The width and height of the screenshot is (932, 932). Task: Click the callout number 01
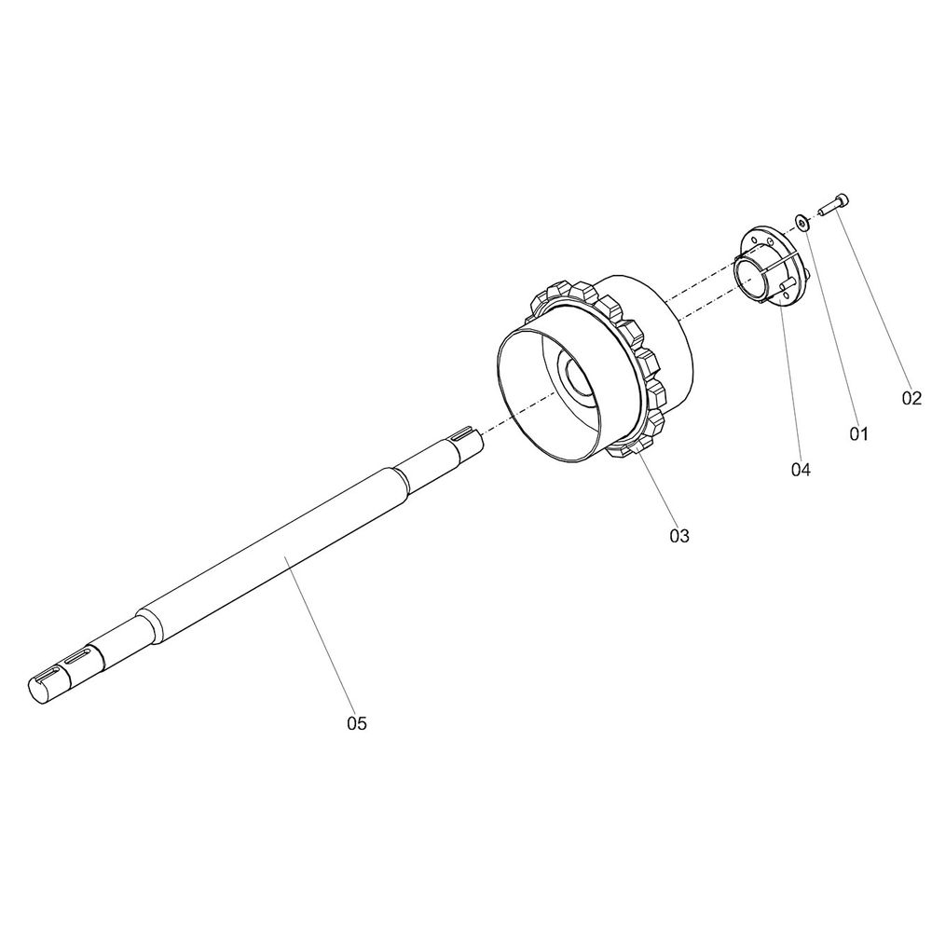click(x=858, y=434)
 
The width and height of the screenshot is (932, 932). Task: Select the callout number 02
click(x=911, y=398)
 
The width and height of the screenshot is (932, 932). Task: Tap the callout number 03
click(x=679, y=536)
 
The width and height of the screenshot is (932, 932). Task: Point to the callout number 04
click(x=801, y=470)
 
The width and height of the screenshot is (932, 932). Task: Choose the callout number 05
click(x=357, y=723)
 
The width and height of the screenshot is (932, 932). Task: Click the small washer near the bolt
click(x=802, y=223)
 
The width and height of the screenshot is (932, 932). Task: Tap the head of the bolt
click(x=843, y=201)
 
